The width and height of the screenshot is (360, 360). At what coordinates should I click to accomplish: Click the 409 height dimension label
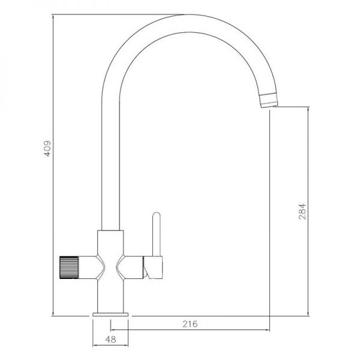pos(47,149)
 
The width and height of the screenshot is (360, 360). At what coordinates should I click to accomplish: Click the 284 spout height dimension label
pos(302,211)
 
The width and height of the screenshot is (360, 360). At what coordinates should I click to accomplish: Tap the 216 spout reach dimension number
pos(190,324)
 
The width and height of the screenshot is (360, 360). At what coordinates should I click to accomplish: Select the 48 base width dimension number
pos(110,340)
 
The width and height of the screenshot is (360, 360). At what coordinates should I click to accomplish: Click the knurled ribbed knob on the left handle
pos(69,268)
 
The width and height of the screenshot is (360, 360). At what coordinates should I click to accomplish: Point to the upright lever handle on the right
pos(157,234)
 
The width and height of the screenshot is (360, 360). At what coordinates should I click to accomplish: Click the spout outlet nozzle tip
pos(269,100)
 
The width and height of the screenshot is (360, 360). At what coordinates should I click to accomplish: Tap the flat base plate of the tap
pos(110,314)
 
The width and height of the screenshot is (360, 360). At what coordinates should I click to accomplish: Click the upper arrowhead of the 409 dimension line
pos(53,17)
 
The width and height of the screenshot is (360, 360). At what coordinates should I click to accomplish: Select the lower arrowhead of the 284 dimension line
pos(308,314)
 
